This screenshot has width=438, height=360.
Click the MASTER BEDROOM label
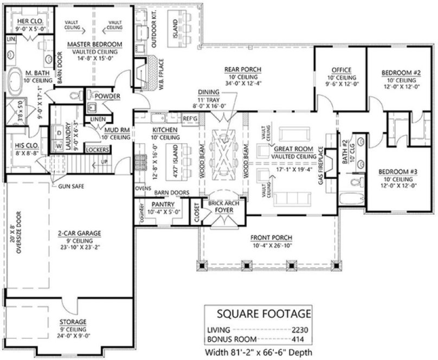coord(95,44)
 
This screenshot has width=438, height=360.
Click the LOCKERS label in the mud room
coord(98,149)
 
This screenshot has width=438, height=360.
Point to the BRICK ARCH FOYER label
coord(220,207)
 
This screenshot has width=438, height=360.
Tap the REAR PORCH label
coord(243,69)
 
